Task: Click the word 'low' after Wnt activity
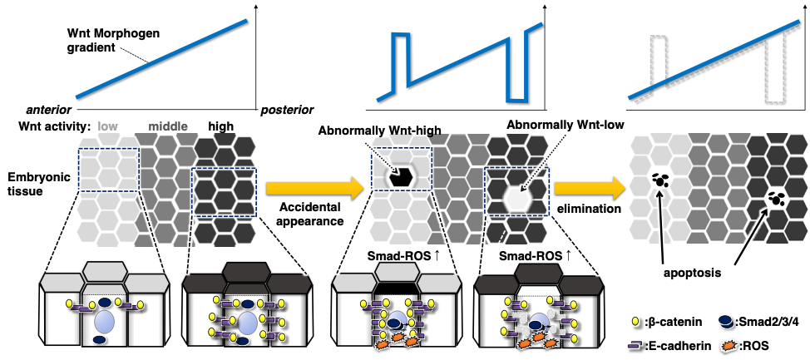(x=109, y=126)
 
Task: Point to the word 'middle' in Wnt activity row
(x=168, y=126)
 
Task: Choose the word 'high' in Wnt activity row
(x=220, y=126)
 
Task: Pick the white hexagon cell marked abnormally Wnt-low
(x=517, y=197)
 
